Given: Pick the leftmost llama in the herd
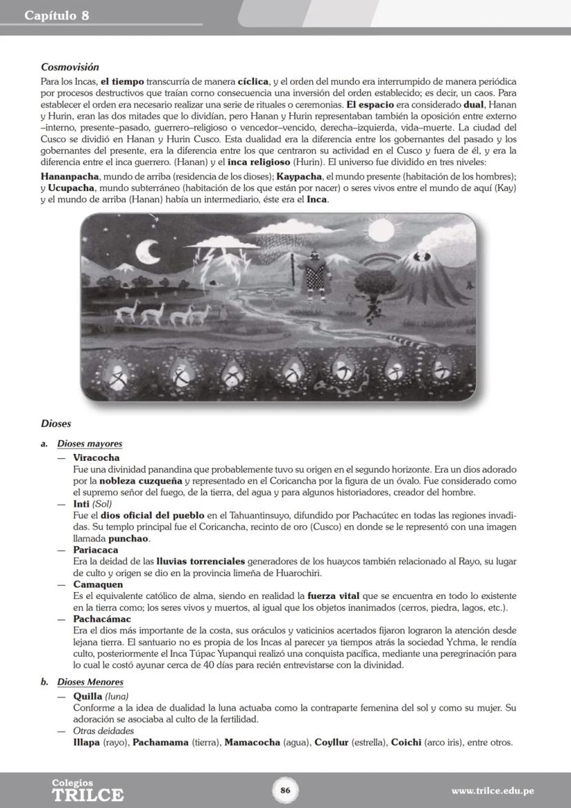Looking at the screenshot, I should pos(125,311).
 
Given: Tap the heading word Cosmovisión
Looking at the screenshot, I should pos(70,68).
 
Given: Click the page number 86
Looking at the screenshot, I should pos(285,790).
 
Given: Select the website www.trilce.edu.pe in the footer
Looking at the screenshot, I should pos(492,790).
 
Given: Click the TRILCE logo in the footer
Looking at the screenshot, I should pos(88,791).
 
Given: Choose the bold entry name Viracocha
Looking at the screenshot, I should pos(96,457).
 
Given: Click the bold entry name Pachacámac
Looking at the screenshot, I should pos(101,619).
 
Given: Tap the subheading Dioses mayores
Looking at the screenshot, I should pos(90,444).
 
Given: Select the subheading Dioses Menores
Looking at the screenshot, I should pos(90,682).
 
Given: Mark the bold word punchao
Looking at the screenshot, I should pos(129,538).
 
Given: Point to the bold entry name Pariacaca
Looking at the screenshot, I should pos(96,550).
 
